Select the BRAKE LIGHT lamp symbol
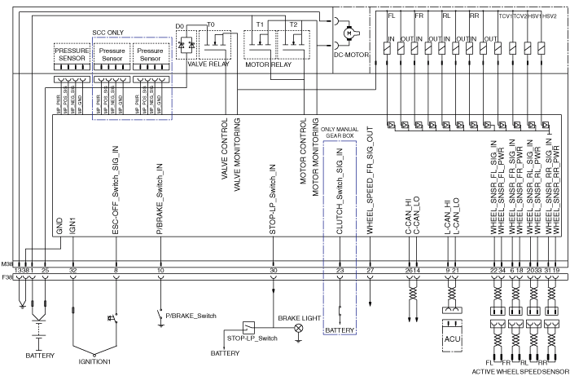[x=298, y=328]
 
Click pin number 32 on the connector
[x=73, y=269]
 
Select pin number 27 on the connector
[x=370, y=269]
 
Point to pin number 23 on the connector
[x=340, y=269]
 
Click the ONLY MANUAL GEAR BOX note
[x=338, y=132]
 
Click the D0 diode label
[x=181, y=26]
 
